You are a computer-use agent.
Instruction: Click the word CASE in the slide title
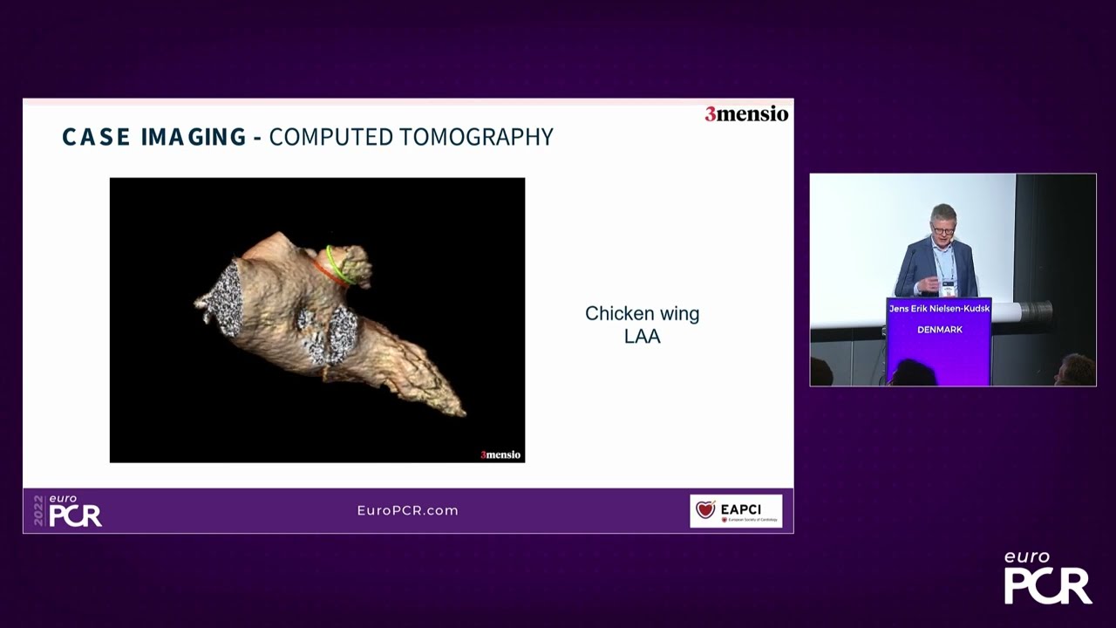(x=95, y=137)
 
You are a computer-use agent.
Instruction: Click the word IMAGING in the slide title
(x=194, y=137)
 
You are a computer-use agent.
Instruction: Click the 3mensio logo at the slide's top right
(x=746, y=114)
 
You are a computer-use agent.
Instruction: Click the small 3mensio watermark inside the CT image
(x=500, y=454)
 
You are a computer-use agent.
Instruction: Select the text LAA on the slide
(x=643, y=336)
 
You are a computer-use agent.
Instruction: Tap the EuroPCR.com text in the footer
(x=407, y=510)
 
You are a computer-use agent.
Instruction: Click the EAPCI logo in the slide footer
(x=736, y=510)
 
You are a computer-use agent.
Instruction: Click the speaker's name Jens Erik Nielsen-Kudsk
(x=939, y=309)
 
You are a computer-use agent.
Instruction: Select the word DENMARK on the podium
(x=939, y=330)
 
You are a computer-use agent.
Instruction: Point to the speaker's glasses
(x=942, y=231)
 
